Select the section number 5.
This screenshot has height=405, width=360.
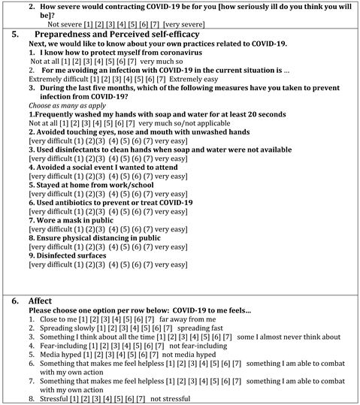coord(14,34)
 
